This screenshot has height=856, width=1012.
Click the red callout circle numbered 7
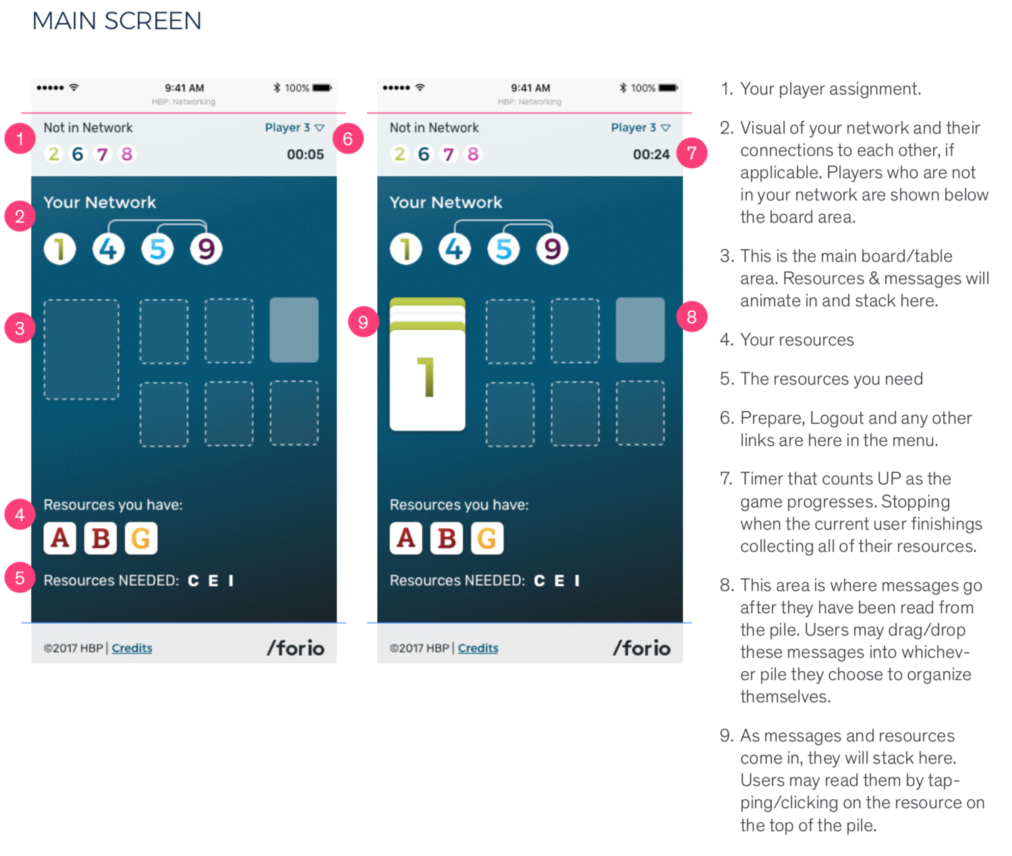click(692, 153)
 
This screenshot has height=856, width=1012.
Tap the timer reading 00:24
click(651, 154)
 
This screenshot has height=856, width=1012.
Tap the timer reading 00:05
click(305, 154)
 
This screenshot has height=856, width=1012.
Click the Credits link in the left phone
click(132, 648)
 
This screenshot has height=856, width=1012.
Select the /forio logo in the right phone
click(641, 648)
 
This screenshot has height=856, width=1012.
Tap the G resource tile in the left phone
click(141, 538)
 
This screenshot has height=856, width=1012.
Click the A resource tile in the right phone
click(405, 538)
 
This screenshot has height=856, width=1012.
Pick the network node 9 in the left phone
click(206, 249)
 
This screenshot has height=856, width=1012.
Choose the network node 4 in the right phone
click(455, 249)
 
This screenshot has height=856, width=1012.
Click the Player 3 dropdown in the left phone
click(294, 127)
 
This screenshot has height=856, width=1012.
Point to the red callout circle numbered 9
click(363, 322)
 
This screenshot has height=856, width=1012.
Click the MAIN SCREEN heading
click(117, 21)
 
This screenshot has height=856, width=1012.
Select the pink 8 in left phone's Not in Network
click(126, 154)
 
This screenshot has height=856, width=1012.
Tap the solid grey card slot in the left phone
click(294, 330)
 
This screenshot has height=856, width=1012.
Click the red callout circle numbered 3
click(20, 329)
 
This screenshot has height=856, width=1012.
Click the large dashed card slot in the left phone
click(82, 349)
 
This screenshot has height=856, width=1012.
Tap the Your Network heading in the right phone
click(445, 202)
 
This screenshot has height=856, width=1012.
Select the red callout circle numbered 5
click(20, 578)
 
